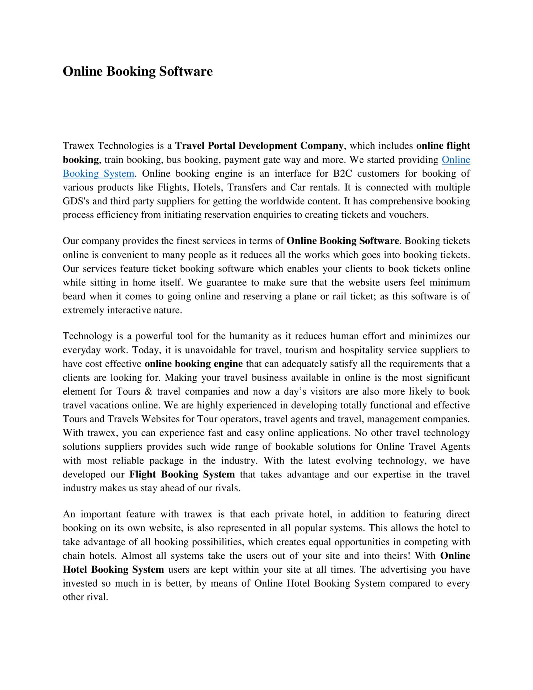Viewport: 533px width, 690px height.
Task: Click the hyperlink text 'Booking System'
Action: pos(98,174)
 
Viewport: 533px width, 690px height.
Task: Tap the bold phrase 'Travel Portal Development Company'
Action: pos(259,146)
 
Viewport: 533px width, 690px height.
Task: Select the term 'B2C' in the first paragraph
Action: pos(343,174)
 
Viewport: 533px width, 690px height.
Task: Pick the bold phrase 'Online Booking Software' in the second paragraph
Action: pos(343,241)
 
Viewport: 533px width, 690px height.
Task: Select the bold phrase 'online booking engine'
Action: pos(194,364)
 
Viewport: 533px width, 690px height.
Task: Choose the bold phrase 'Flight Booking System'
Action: pos(182,475)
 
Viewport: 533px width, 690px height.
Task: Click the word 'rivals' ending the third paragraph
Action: pos(227,488)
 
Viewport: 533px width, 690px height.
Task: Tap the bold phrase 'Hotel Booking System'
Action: pos(113,570)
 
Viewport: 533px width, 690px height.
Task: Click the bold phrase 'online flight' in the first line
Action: pos(443,146)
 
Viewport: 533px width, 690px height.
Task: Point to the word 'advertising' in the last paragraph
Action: pos(403,570)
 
